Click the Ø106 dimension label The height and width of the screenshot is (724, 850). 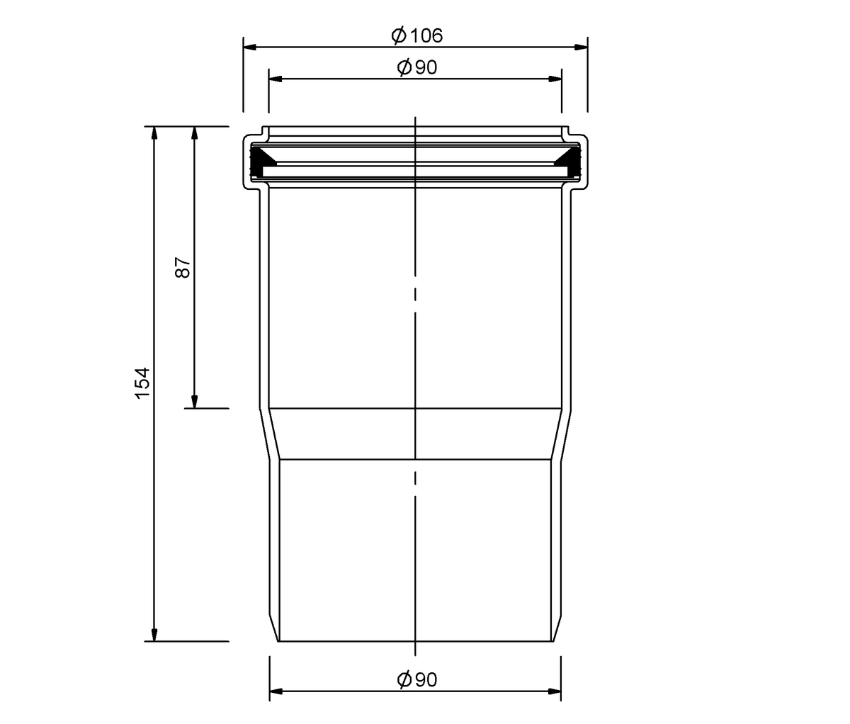tap(417, 36)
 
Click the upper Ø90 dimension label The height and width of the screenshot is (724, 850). tap(417, 67)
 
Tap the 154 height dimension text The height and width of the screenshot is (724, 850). tap(143, 383)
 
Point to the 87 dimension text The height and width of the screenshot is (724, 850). tap(183, 268)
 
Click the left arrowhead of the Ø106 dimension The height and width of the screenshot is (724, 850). tap(250, 47)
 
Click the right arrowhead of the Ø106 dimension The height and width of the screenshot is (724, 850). tap(581, 47)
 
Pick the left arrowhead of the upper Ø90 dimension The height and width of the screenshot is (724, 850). tap(276, 79)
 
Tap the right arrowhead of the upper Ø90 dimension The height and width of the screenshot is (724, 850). tap(555, 79)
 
